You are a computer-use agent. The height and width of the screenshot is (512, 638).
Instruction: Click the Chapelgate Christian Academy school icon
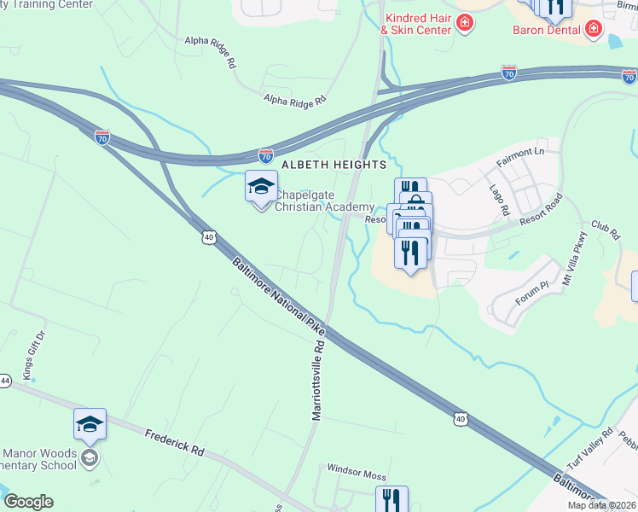pos(261,186)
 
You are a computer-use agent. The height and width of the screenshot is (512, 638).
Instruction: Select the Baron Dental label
pos(546,30)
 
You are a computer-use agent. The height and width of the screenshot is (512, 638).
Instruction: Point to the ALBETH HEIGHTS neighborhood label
pos(333,164)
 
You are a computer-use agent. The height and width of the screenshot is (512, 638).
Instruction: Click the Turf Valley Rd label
pos(594,445)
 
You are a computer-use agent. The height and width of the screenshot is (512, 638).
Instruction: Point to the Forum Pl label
pos(532,295)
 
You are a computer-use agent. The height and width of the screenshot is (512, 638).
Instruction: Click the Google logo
pos(28,502)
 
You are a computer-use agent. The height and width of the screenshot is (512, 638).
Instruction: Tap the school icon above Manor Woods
pos(90,424)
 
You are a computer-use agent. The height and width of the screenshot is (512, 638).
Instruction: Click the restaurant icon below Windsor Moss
pos(391,500)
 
